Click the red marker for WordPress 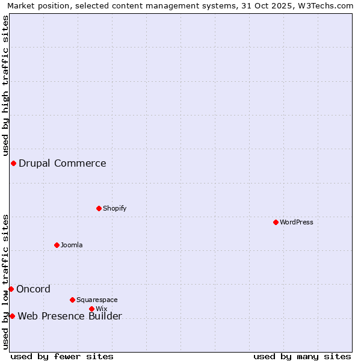[276, 222]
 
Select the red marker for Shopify [99, 208]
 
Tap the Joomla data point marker [57, 245]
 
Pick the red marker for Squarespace [72, 300]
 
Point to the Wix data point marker [91, 309]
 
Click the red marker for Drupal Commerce [13, 163]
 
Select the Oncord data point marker [11, 289]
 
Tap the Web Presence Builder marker [12, 316]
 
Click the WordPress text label [297, 222]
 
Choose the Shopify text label [115, 208]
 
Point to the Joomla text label [72, 245]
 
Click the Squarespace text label [97, 300]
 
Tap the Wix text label [101, 309]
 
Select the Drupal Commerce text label [63, 163]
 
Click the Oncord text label [34, 289]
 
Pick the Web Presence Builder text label [70, 316]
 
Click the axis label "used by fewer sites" [62, 356]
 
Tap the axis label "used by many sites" [302, 356]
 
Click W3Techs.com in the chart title [323, 5]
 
